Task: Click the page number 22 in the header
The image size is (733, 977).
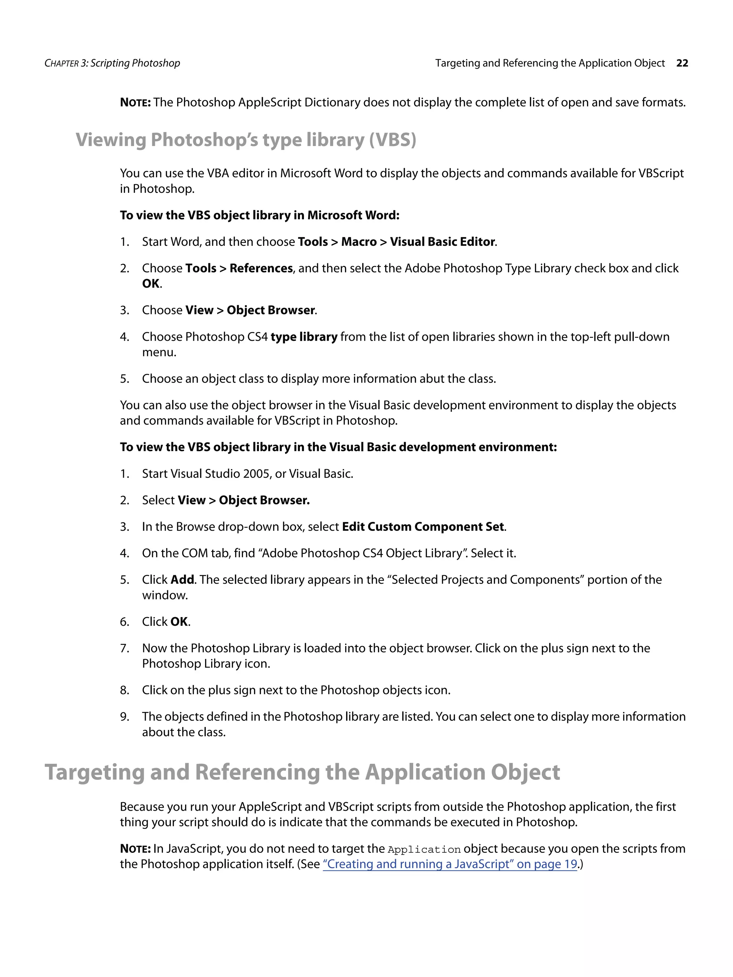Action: pyautogui.click(x=682, y=63)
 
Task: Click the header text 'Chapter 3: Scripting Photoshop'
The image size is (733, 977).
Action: pyautogui.click(x=112, y=63)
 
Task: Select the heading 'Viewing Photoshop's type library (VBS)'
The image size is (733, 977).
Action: pyautogui.click(x=246, y=140)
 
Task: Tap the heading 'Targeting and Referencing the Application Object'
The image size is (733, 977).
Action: pyautogui.click(x=302, y=772)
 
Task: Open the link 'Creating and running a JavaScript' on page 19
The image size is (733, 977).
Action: pyautogui.click(x=450, y=864)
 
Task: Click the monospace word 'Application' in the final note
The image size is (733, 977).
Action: pyautogui.click(x=424, y=849)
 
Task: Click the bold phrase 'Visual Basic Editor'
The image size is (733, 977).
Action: pyautogui.click(x=442, y=242)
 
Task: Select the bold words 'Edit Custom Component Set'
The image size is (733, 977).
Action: pyautogui.click(x=423, y=527)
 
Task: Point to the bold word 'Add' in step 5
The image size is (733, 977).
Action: pyautogui.click(x=182, y=580)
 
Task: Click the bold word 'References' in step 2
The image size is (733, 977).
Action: pyautogui.click(x=261, y=269)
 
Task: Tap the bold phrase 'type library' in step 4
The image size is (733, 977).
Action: pyautogui.click(x=304, y=337)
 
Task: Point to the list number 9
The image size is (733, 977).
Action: pyautogui.click(x=124, y=717)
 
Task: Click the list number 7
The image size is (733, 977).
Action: pyautogui.click(x=124, y=648)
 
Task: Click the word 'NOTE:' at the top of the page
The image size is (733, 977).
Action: pyautogui.click(x=135, y=102)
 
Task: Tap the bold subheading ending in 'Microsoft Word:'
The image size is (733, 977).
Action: pyautogui.click(x=259, y=215)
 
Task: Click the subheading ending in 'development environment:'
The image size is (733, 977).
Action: pyautogui.click(x=338, y=448)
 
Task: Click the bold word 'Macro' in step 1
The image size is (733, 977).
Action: pyautogui.click(x=359, y=242)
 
